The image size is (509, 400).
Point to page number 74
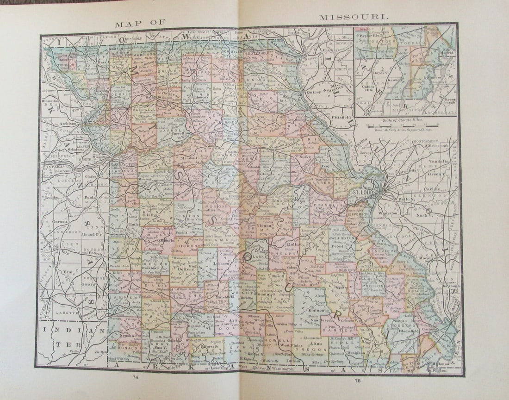click(135, 376)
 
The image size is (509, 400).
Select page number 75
click(357, 381)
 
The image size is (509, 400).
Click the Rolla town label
click(280, 245)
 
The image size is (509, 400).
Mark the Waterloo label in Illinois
click(389, 213)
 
